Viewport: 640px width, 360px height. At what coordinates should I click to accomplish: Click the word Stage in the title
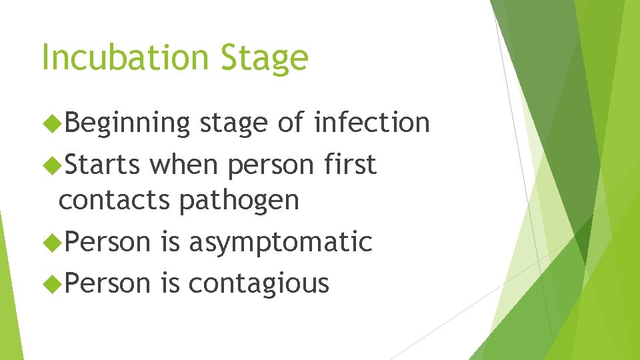(267, 59)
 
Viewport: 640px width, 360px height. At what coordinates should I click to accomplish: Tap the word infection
(372, 123)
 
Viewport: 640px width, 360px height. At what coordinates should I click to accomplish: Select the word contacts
(114, 200)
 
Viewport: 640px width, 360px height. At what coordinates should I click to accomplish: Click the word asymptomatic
(280, 243)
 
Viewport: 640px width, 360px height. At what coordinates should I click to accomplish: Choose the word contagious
(259, 284)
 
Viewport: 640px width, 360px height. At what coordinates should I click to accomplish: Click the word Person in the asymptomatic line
(108, 242)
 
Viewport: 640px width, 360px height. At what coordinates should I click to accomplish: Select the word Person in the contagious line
(108, 283)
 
